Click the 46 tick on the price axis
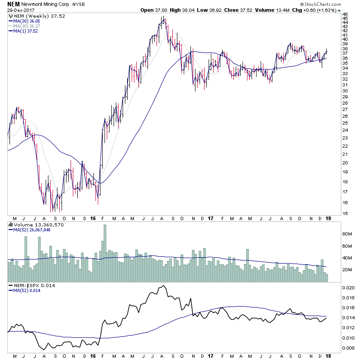point(345,14)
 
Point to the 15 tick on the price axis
point(345,214)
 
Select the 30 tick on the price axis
point(345,91)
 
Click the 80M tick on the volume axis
point(347,234)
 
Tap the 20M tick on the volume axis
point(347,270)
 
